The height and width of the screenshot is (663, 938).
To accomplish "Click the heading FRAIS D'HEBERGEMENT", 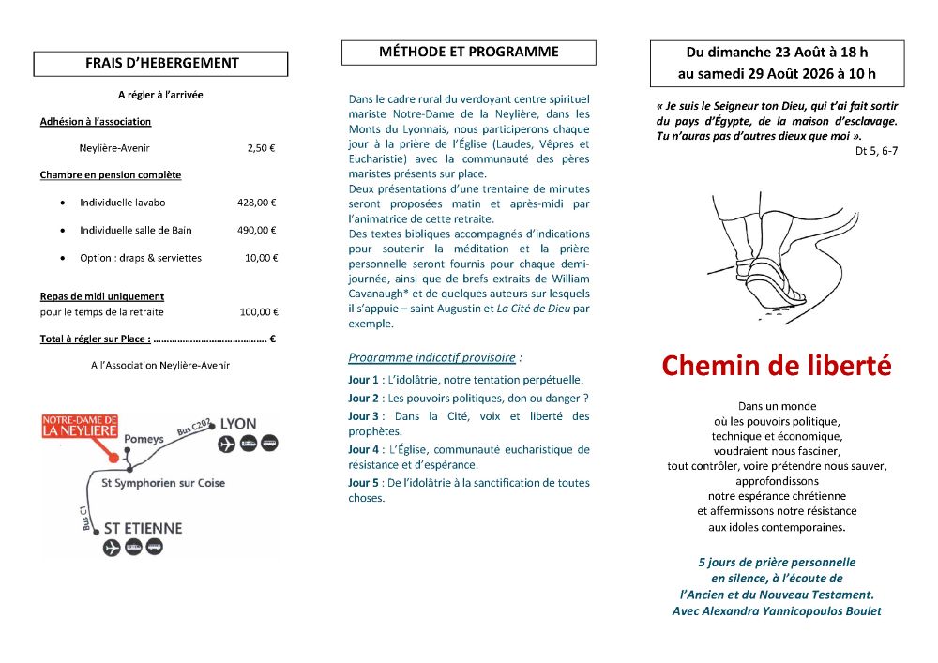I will point(160,64).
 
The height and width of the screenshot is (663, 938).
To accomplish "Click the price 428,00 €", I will point(257,203).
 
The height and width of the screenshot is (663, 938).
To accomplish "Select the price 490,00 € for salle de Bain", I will point(257,230).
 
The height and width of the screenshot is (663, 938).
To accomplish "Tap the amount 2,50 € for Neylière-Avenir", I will point(262,148).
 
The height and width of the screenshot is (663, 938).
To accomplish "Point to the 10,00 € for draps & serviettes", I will point(262,258).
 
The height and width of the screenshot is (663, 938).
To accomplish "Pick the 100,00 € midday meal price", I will point(259,312).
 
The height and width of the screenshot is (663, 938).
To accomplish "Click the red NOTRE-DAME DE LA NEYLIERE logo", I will point(80,426).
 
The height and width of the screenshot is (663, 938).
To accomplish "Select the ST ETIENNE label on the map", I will point(142,528).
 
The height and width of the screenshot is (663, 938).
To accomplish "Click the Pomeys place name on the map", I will point(144,439).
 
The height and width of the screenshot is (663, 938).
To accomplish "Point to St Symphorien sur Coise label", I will point(163,483).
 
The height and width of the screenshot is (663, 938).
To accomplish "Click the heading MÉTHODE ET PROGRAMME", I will point(468,53).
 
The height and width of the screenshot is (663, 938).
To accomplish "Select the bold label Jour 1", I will point(363,380).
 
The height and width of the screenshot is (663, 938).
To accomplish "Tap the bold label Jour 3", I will point(363,415).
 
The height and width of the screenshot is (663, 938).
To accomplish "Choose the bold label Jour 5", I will point(363,483).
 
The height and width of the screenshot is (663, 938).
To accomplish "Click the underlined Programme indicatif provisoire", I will point(431,357).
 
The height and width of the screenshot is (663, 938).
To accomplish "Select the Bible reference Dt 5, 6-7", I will point(876,150).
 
